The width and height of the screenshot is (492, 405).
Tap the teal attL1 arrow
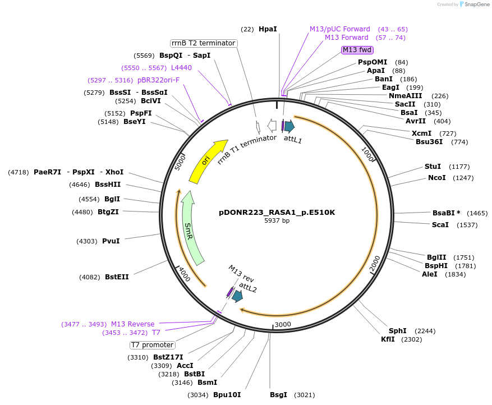[x=289, y=126]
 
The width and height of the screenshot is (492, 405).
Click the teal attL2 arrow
[x=237, y=296]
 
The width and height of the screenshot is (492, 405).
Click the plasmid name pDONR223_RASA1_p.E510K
[x=277, y=213]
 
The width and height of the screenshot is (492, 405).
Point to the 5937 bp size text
[x=277, y=221]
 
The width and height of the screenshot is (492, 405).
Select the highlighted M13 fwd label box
[x=357, y=50]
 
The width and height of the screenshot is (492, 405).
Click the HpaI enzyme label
[x=268, y=29]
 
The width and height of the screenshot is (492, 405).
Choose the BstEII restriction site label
[x=117, y=277]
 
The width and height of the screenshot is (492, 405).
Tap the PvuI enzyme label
[x=111, y=241]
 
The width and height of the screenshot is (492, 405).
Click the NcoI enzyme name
[x=437, y=178]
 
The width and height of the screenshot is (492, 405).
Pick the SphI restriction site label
[x=398, y=330]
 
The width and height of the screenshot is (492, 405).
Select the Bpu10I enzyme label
[x=227, y=394]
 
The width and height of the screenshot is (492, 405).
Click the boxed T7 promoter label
[x=152, y=344]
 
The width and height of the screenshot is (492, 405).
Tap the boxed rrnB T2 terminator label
[x=204, y=43]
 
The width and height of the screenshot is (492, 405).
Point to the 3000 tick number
[x=282, y=324]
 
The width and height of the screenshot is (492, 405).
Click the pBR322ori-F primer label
[x=158, y=80]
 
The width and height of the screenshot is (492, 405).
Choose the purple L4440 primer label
[x=181, y=67]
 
